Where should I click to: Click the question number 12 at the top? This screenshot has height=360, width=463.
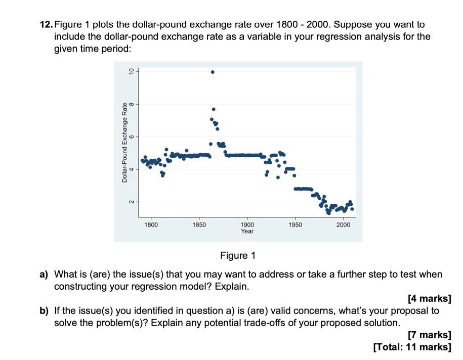click(x=46, y=24)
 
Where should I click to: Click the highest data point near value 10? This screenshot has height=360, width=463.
click(x=213, y=72)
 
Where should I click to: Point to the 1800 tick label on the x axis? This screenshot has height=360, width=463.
click(x=151, y=224)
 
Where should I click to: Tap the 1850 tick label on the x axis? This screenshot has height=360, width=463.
click(x=199, y=224)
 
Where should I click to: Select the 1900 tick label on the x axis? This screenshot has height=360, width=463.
click(x=247, y=224)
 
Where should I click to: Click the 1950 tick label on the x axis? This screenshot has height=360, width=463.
click(x=295, y=224)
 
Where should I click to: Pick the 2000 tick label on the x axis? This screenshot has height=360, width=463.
click(x=343, y=224)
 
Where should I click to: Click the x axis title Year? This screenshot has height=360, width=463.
click(x=247, y=231)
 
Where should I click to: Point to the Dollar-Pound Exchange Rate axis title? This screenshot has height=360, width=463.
click(x=124, y=143)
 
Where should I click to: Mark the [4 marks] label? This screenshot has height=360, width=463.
click(x=429, y=299)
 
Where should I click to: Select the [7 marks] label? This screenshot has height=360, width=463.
click(x=429, y=335)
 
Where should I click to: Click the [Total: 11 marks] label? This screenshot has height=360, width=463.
click(x=411, y=347)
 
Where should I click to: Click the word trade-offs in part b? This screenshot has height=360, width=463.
click(x=295, y=323)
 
